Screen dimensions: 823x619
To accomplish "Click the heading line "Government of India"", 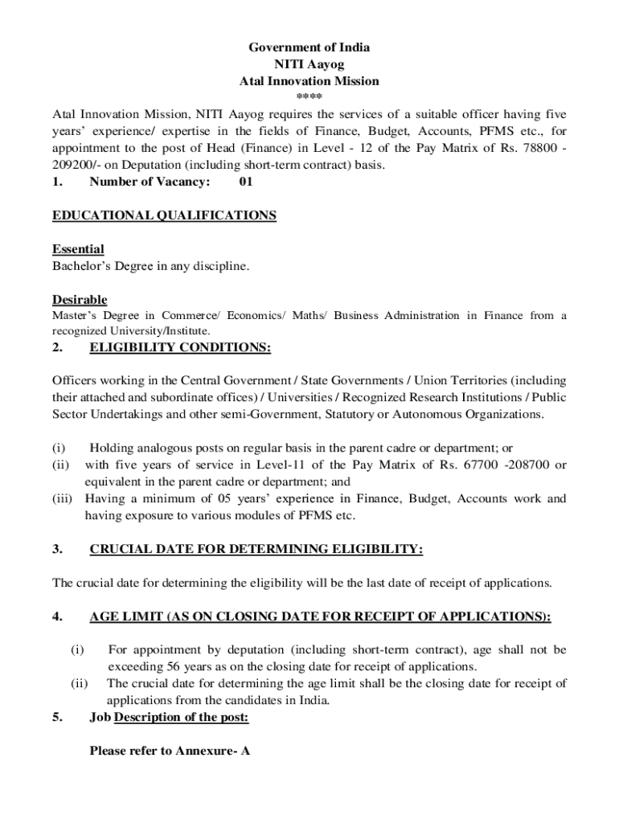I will pos(309,47).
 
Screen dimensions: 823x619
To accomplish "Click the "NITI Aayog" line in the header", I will pos(309,64).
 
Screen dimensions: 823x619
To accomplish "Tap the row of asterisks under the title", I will pos(309,97).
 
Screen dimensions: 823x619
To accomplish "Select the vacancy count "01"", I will pos(246,182).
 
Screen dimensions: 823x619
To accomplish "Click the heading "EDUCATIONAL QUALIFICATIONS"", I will pos(164,215).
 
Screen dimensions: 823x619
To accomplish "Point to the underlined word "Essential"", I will pos(78,249).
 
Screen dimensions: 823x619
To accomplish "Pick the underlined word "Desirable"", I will pos(80,300).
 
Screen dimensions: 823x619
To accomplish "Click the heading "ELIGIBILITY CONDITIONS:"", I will pos(180,347).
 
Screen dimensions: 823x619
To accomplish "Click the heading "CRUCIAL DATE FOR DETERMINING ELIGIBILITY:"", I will pos(256,549).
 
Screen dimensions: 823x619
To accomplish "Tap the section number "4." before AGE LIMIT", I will pos(57,616).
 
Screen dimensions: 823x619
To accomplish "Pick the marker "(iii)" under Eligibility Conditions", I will pos(63,498).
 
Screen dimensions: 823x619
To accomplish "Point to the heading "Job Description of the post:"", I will pos(169,717).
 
